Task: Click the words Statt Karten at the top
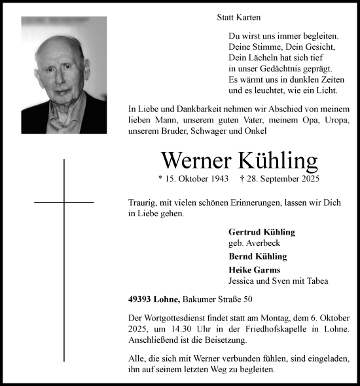238,18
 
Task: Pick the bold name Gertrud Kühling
261,232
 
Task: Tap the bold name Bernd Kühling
257,256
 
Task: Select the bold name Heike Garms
254,269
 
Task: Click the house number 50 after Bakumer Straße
249,299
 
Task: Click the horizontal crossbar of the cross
64,203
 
